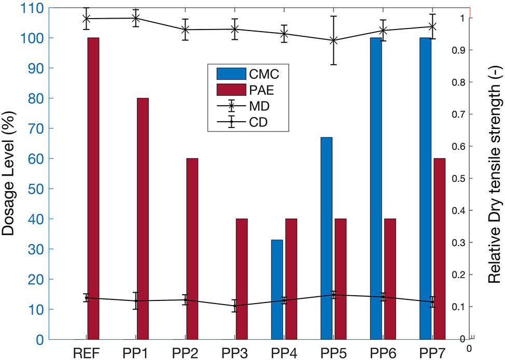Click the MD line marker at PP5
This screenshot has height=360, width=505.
pyautogui.click(x=334, y=40)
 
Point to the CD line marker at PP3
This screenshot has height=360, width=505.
pyautogui.click(x=235, y=306)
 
